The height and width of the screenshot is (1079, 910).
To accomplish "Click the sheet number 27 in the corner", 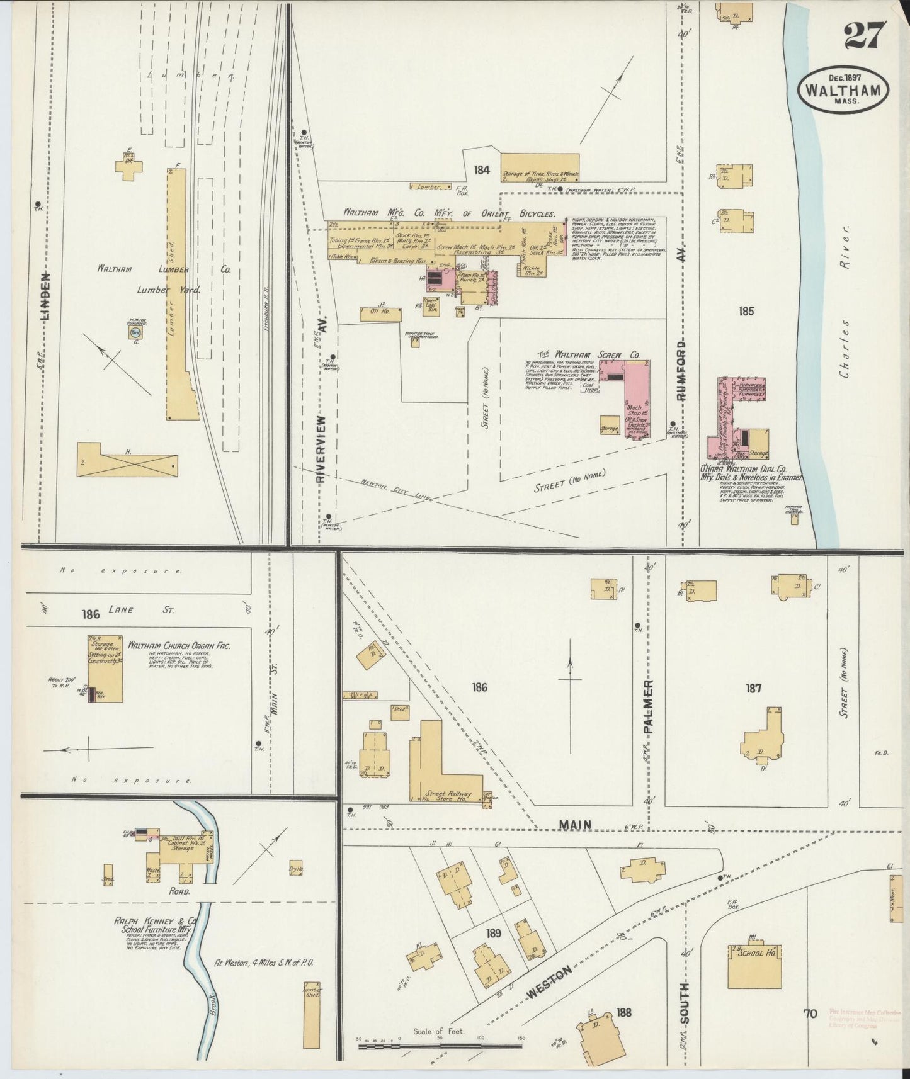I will point(865,35).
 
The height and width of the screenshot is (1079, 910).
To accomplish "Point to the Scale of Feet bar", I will point(439,1046).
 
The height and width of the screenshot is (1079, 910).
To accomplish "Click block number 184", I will point(482,169).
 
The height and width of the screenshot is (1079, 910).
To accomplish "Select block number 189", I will point(493,932).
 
